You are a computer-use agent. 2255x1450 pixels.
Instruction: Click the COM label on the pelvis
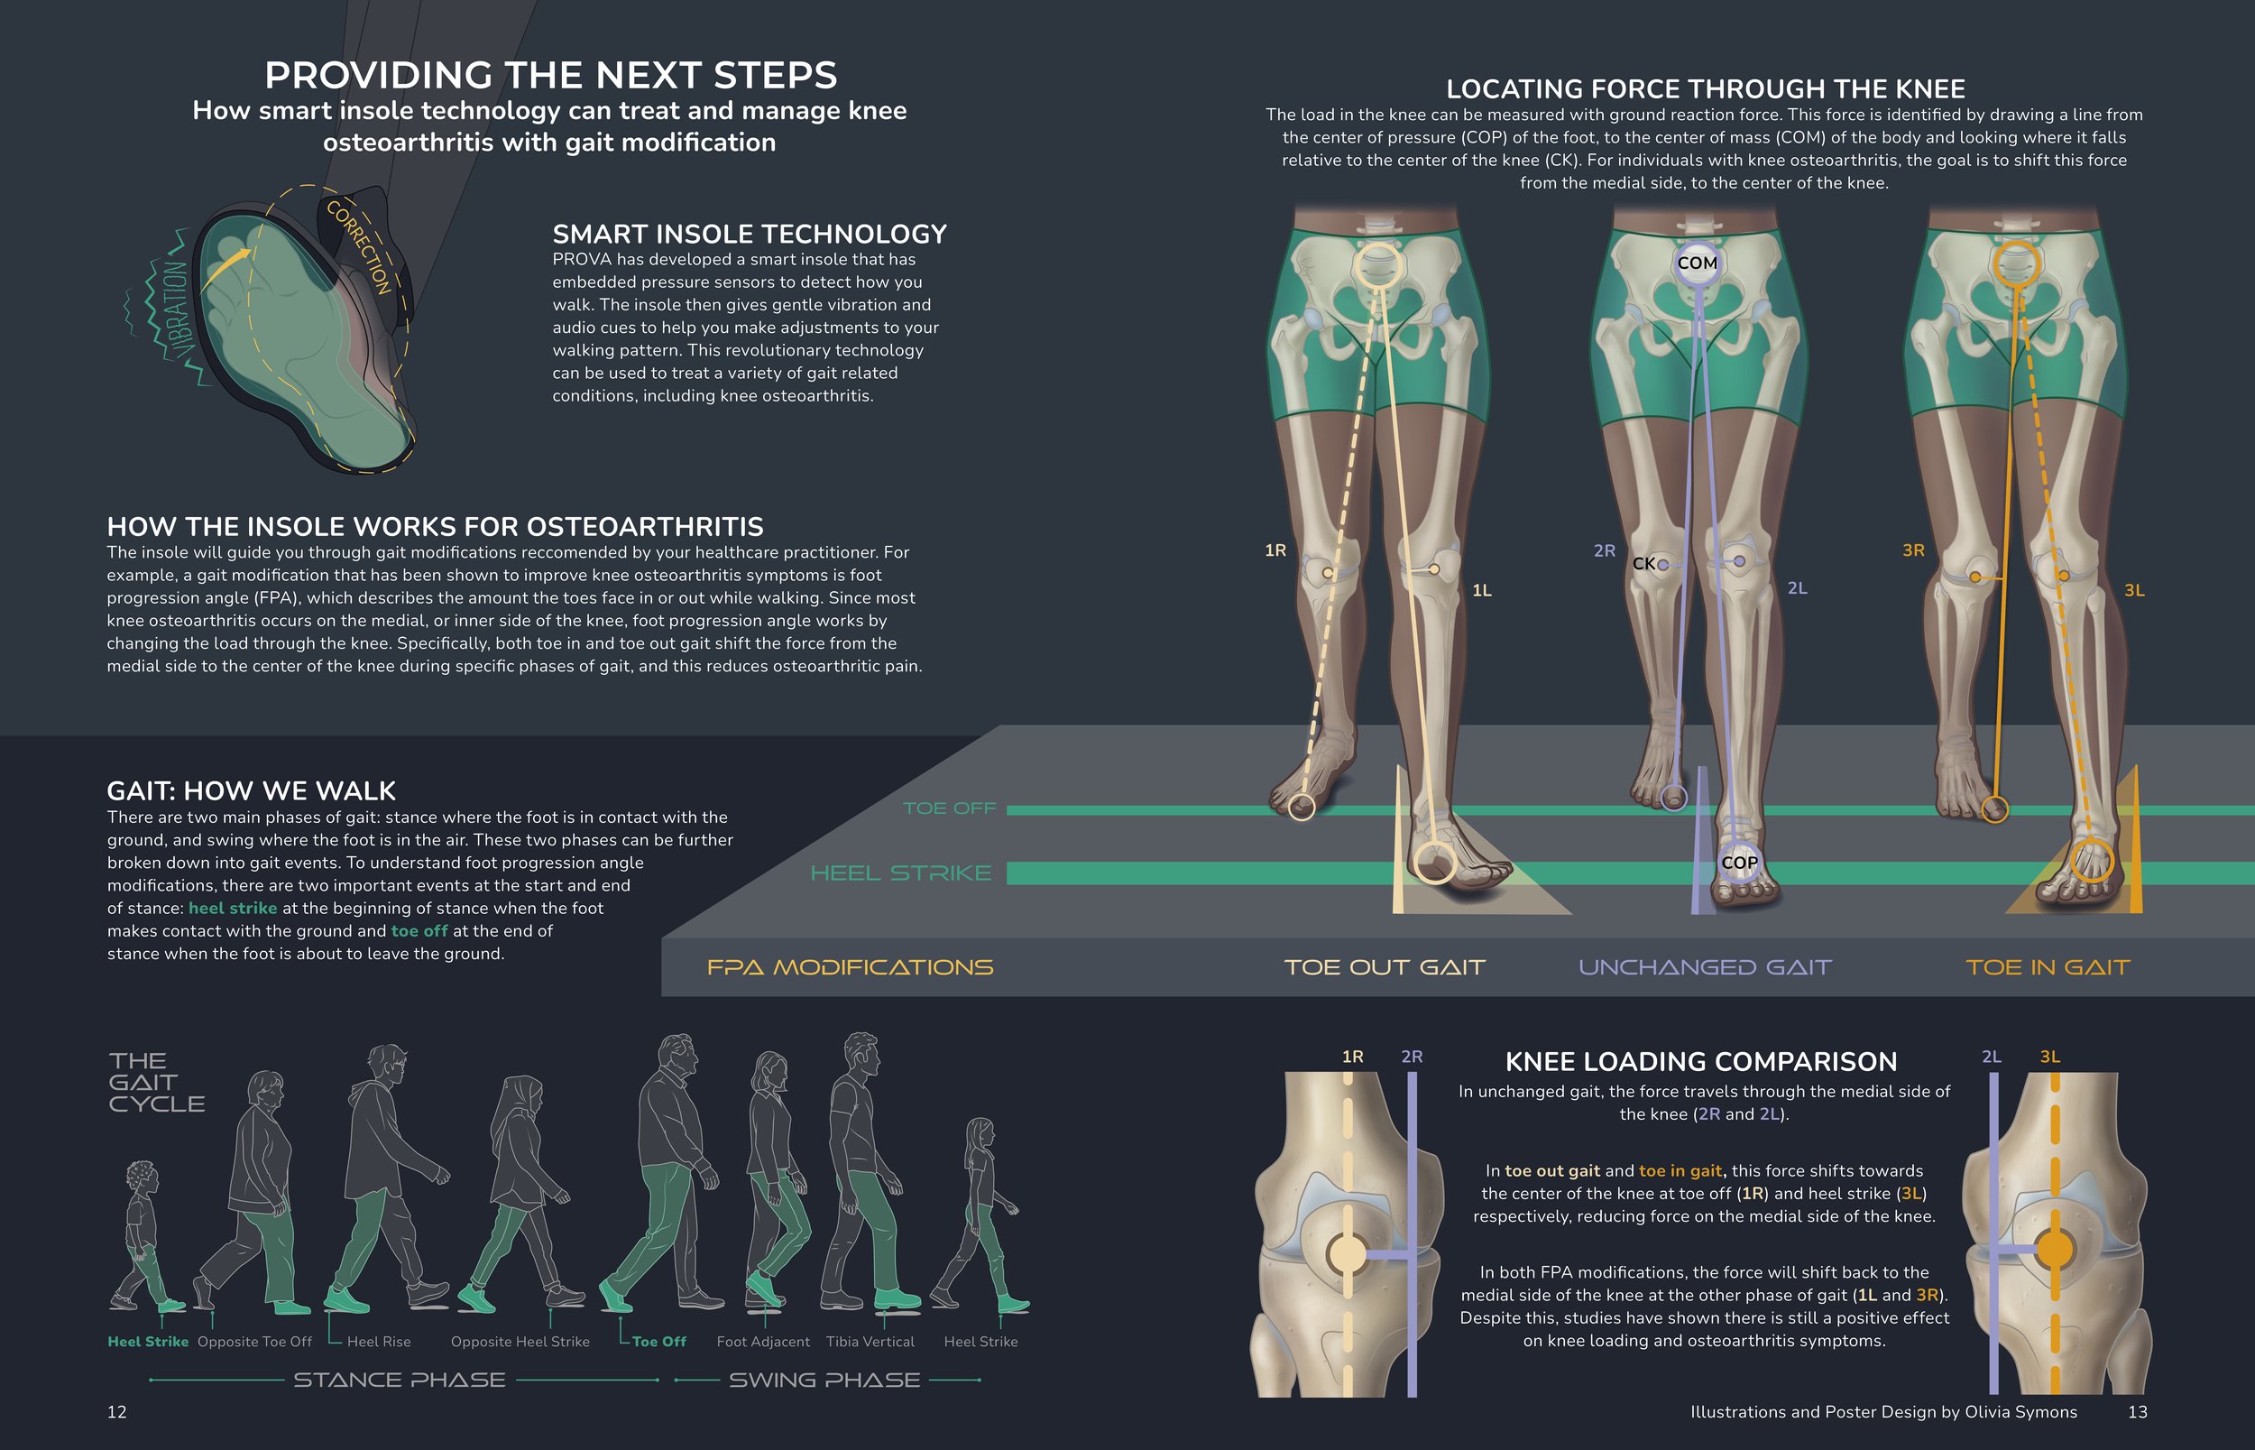(1697, 263)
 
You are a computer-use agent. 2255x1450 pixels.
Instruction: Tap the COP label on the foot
(1739, 863)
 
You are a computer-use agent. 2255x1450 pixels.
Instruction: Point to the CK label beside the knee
(1643, 563)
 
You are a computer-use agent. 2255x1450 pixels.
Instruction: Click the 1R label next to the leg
(1275, 550)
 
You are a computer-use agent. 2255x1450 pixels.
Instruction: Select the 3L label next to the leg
(2134, 590)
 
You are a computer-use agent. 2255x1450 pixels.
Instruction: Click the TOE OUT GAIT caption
(1385, 967)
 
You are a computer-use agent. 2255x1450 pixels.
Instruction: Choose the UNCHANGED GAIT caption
(1705, 967)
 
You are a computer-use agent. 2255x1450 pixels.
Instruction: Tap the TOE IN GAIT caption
(2047, 967)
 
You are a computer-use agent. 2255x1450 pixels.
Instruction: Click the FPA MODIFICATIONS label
(850, 967)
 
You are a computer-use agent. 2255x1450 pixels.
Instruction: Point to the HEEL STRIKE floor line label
(901, 873)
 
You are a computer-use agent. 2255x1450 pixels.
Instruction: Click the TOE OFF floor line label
(949, 808)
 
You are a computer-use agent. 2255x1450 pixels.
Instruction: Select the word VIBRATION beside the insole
(178, 310)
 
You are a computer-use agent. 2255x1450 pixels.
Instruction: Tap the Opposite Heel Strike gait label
(520, 1342)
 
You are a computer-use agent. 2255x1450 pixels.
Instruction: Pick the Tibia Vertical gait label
(870, 1342)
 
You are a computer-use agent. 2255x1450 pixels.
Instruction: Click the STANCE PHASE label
(399, 1381)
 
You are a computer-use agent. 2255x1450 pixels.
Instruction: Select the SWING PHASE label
(824, 1381)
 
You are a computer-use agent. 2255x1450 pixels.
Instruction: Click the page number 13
(2138, 1411)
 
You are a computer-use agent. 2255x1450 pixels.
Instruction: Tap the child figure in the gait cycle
(143, 1234)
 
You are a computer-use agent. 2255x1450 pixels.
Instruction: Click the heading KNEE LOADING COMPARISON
(1700, 1061)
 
